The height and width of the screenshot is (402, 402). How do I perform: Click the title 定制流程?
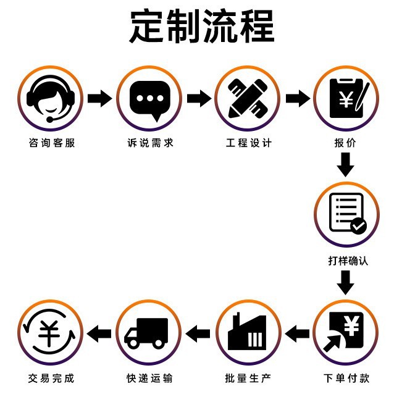201,27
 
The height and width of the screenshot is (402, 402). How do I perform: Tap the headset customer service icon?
50,99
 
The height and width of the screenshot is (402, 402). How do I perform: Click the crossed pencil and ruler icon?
248,99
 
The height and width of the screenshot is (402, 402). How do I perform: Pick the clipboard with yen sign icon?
346,99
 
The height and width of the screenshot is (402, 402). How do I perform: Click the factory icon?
248,333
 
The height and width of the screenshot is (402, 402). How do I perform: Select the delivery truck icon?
149,333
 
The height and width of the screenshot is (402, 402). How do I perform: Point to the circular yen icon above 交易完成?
50,333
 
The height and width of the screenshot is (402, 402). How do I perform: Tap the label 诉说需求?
150,143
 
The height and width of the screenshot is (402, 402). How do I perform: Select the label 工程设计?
248,143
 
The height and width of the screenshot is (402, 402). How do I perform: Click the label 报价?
346,143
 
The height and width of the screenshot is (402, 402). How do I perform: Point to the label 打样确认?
347,261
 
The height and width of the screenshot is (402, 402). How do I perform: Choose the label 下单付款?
347,378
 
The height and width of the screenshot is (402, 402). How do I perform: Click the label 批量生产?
248,378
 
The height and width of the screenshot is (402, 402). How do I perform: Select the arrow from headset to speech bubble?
99,98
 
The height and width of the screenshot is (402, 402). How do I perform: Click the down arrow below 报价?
346,165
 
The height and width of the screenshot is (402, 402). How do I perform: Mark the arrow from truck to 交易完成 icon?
99,334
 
